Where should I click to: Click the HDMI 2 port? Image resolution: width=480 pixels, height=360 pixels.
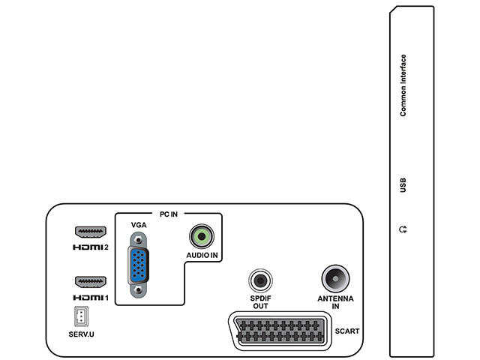[89, 232]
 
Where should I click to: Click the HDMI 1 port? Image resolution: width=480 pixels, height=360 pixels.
[89, 283]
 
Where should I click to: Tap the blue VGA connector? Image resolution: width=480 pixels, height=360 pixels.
[138, 265]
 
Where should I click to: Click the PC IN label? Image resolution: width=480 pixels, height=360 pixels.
[168, 214]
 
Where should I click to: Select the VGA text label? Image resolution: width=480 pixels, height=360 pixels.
[139, 225]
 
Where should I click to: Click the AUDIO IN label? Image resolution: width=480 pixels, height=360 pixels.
[202, 256]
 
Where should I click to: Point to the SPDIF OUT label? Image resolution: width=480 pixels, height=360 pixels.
[260, 304]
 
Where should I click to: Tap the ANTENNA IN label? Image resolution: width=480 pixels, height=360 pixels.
[334, 304]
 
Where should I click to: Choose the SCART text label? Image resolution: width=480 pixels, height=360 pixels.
[348, 331]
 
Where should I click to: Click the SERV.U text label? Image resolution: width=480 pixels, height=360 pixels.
[80, 331]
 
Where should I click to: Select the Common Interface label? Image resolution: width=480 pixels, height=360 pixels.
[403, 85]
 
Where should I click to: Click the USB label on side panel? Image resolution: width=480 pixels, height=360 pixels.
[403, 184]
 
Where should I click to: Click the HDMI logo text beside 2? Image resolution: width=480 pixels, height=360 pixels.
[85, 247]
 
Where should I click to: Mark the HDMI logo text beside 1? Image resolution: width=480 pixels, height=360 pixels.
[85, 298]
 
